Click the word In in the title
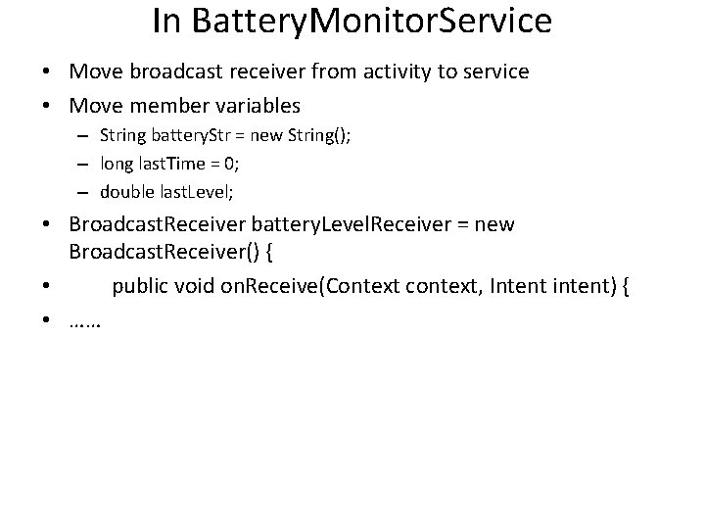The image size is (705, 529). pos(168,22)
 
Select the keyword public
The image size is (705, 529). pos(143,286)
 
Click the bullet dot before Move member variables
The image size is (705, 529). pos(46,105)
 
